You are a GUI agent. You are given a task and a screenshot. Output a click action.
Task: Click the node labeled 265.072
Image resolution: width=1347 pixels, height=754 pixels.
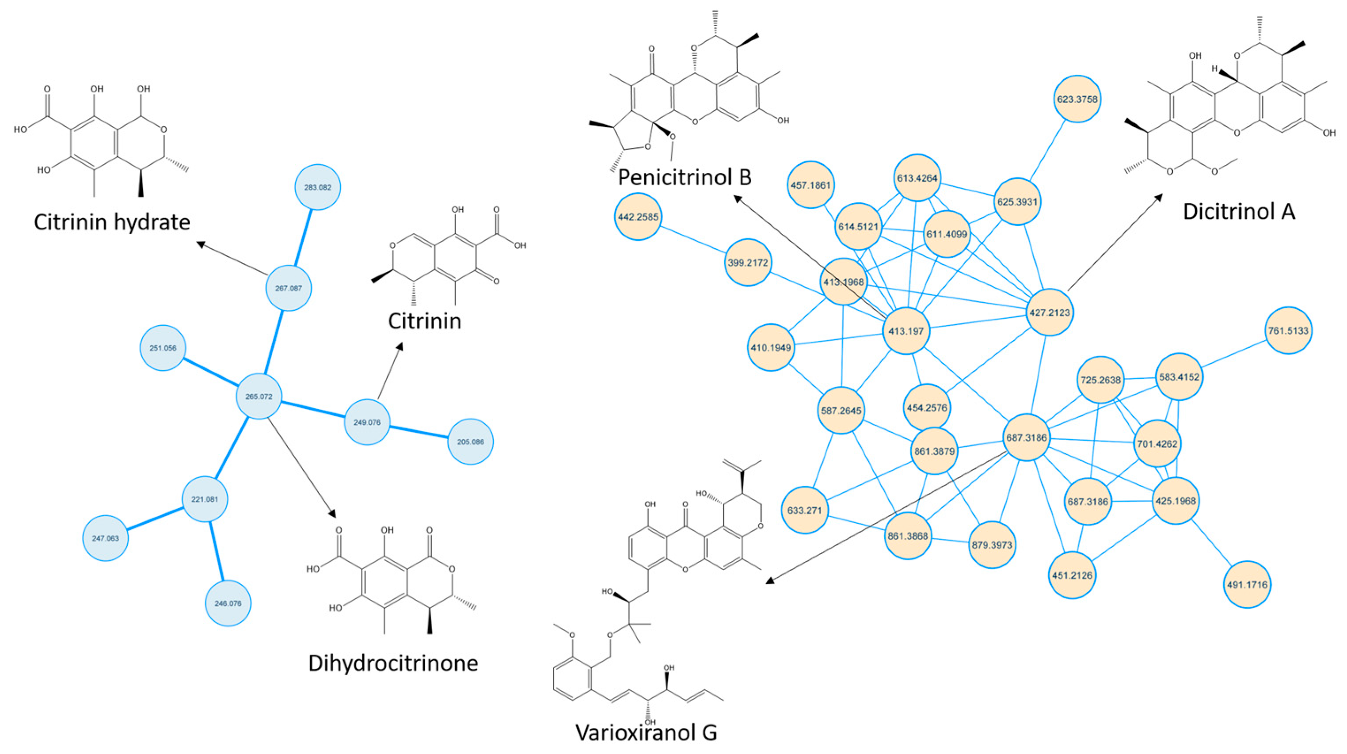click(259, 396)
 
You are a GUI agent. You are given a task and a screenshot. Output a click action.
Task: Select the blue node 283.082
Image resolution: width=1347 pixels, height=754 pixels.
click(317, 187)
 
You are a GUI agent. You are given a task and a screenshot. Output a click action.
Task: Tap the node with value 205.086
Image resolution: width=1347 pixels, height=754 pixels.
click(470, 442)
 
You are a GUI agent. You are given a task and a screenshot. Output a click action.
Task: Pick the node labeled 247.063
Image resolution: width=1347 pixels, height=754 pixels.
click(106, 538)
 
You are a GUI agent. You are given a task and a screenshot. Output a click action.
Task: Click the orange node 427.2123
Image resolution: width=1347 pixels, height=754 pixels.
click(1050, 312)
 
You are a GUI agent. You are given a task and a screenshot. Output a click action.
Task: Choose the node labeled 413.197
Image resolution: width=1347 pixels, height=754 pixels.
click(906, 331)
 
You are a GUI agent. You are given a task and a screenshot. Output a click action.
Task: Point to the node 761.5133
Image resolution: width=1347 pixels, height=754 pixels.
click(1288, 331)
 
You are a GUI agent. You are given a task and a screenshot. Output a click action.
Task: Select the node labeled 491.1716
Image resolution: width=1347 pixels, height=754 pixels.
click(1247, 585)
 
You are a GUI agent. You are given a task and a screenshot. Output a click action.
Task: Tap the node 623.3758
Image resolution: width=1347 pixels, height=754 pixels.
click(1077, 99)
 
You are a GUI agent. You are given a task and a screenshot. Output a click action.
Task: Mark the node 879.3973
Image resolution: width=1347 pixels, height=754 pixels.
click(992, 545)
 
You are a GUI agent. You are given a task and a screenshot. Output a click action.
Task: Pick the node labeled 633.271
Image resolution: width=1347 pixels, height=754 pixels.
click(805, 510)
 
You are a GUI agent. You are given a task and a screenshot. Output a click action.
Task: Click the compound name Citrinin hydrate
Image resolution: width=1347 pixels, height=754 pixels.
click(112, 222)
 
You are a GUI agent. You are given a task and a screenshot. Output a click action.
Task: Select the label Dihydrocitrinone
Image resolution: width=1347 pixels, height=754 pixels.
click(393, 663)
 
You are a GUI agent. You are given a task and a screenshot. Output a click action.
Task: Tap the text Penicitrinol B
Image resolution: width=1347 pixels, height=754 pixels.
click(685, 177)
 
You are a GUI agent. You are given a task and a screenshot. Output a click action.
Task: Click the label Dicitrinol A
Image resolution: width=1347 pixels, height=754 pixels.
click(1239, 211)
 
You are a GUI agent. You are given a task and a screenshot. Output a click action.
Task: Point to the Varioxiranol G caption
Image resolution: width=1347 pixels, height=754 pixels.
click(646, 732)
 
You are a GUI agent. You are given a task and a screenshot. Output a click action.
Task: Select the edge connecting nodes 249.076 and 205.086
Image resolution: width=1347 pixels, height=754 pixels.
click(419, 432)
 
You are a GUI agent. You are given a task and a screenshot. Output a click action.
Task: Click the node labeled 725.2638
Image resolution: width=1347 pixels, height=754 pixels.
click(1101, 380)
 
